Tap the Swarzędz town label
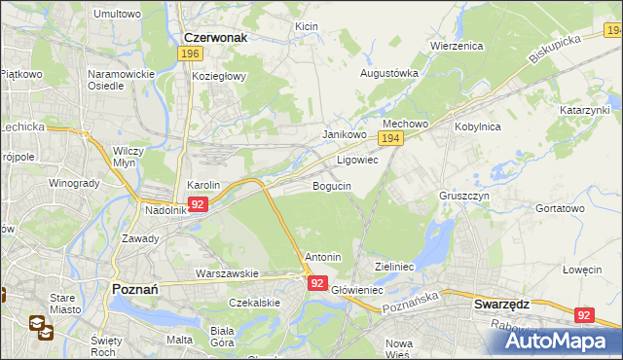click(x=500, y=304)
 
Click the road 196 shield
click(x=191, y=54)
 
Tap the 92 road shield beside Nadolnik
click(x=198, y=204)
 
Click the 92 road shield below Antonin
click(x=317, y=282)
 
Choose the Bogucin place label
click(x=331, y=185)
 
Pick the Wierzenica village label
click(x=458, y=45)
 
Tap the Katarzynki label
click(x=584, y=111)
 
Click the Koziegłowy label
click(x=219, y=76)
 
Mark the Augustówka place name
click(x=389, y=73)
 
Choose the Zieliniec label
click(x=395, y=266)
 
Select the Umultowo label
click(x=117, y=15)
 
